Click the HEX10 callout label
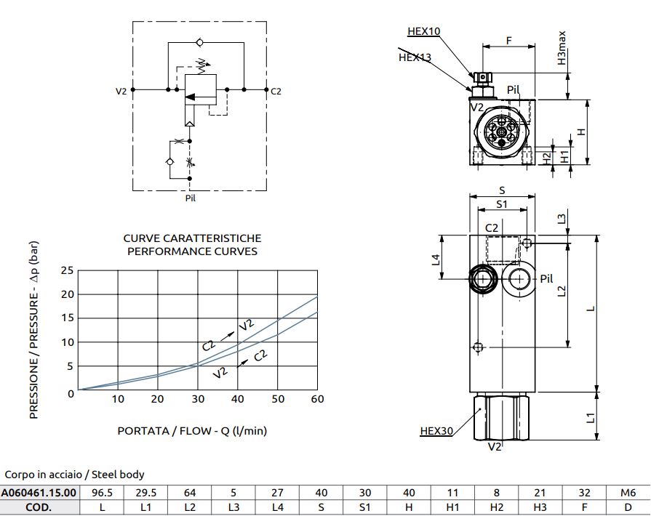[424, 31]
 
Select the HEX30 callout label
[436, 431]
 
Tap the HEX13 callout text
[415, 57]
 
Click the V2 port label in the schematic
[121, 92]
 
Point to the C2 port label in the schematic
[276, 92]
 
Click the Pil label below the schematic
[191, 198]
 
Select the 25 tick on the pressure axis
[67, 270]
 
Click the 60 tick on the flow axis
[317, 398]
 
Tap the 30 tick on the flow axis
[198, 398]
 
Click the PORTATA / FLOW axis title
[192, 430]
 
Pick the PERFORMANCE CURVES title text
[192, 251]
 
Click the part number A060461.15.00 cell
[39, 492]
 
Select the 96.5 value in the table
[103, 492]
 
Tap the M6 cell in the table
[628, 492]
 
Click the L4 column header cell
[277, 507]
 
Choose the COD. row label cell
[39, 507]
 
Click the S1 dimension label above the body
[502, 204]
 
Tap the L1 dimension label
[591, 418]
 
